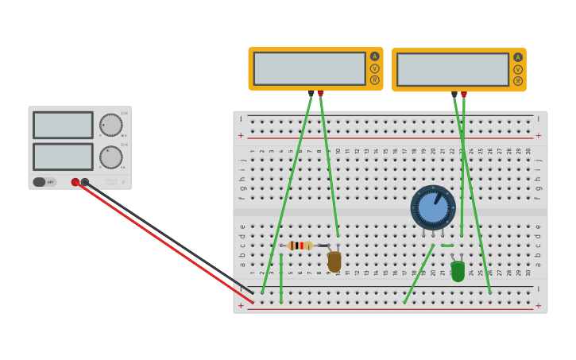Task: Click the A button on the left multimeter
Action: tap(374, 56)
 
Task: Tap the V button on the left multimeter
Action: tap(374, 68)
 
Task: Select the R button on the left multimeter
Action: tap(374, 80)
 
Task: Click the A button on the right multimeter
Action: tap(518, 57)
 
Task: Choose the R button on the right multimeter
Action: tap(518, 81)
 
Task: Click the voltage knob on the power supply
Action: tap(111, 125)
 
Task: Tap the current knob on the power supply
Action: tap(111, 157)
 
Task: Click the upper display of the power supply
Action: tap(63, 125)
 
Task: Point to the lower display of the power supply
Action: tap(63, 157)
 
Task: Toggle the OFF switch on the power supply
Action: tap(44, 182)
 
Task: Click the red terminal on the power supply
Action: tap(75, 182)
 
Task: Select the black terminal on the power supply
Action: tap(85, 182)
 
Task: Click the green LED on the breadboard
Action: tap(458, 271)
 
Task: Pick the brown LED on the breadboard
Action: tap(334, 261)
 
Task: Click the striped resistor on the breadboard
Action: tap(300, 246)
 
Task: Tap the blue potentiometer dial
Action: tap(433, 207)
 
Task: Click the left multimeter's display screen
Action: tap(309, 68)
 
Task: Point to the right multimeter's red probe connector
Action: tap(464, 95)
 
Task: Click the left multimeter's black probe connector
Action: tap(311, 93)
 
